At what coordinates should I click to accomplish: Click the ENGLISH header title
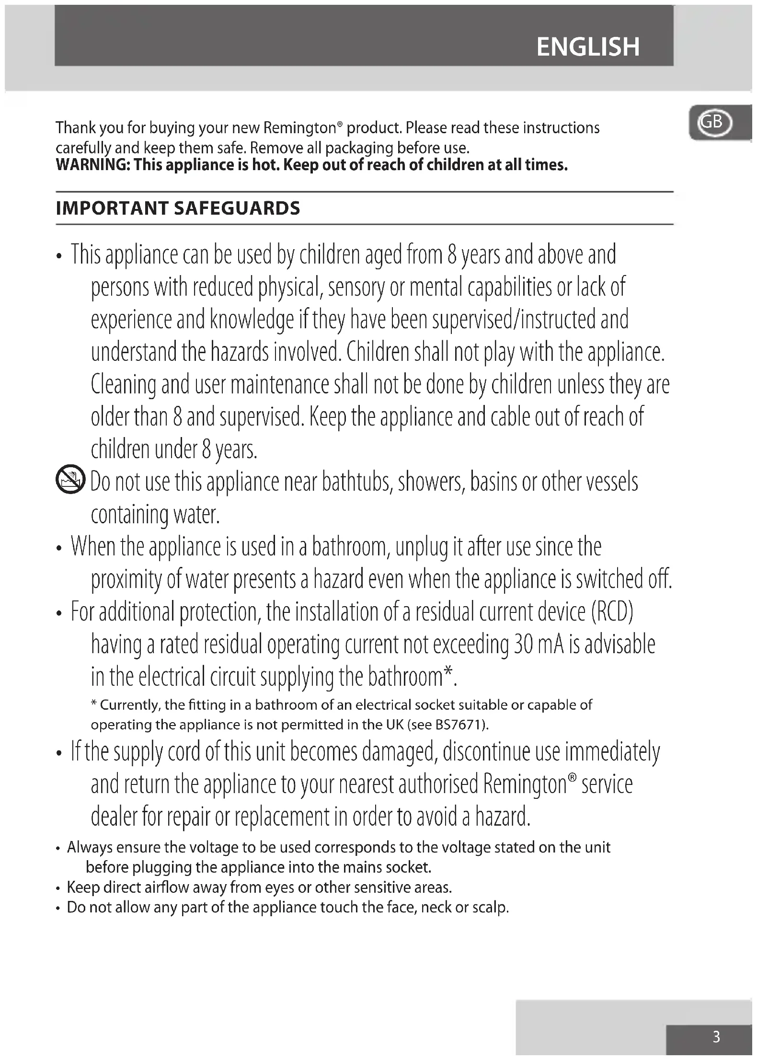(588, 47)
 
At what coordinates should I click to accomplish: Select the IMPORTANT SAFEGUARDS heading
(178, 208)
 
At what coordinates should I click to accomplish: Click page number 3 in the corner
(716, 1037)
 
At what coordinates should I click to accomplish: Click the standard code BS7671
(460, 725)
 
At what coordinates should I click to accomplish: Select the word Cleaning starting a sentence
(124, 385)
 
